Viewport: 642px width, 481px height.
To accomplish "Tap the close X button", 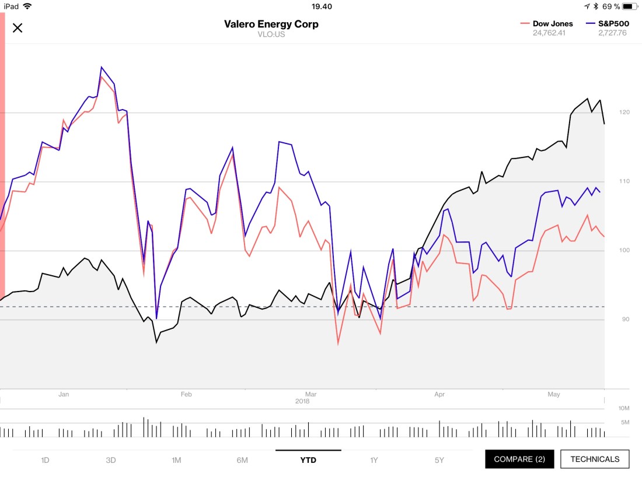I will click(x=18, y=28).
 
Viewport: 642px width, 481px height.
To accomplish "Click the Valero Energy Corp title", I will click(x=271, y=24).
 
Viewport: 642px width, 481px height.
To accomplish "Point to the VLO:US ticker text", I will click(x=271, y=34).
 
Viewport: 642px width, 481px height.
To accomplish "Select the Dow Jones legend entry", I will click(x=546, y=24).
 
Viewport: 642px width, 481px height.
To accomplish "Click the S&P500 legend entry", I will click(x=607, y=24).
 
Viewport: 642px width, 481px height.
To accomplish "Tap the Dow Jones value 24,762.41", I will click(x=549, y=33).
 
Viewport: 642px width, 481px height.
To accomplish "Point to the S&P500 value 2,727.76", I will click(x=612, y=33).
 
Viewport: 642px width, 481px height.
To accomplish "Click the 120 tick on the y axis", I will click(x=625, y=113).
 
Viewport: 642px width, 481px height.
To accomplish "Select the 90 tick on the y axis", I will click(x=624, y=320).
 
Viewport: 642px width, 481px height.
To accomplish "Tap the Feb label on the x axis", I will click(x=186, y=395).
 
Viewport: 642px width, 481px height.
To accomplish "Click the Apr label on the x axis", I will click(x=439, y=395).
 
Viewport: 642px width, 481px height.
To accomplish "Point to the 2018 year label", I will click(x=302, y=401).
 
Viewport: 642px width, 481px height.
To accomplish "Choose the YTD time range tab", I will click(x=308, y=460).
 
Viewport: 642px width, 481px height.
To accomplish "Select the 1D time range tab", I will click(x=45, y=460).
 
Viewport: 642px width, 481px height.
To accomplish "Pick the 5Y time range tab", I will click(x=439, y=460).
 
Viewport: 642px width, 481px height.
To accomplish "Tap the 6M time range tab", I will click(x=242, y=460).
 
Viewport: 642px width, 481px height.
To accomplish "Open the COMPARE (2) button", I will click(x=519, y=459).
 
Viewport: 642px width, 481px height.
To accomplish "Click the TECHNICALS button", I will click(x=595, y=459).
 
